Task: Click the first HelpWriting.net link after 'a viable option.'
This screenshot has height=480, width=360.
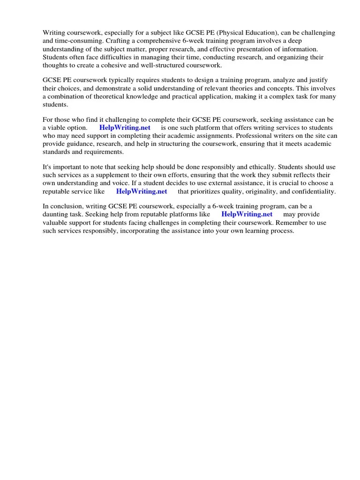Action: point(124,127)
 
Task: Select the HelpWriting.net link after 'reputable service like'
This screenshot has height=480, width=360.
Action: point(142,191)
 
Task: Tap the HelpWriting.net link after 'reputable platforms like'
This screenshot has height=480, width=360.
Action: point(247,215)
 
